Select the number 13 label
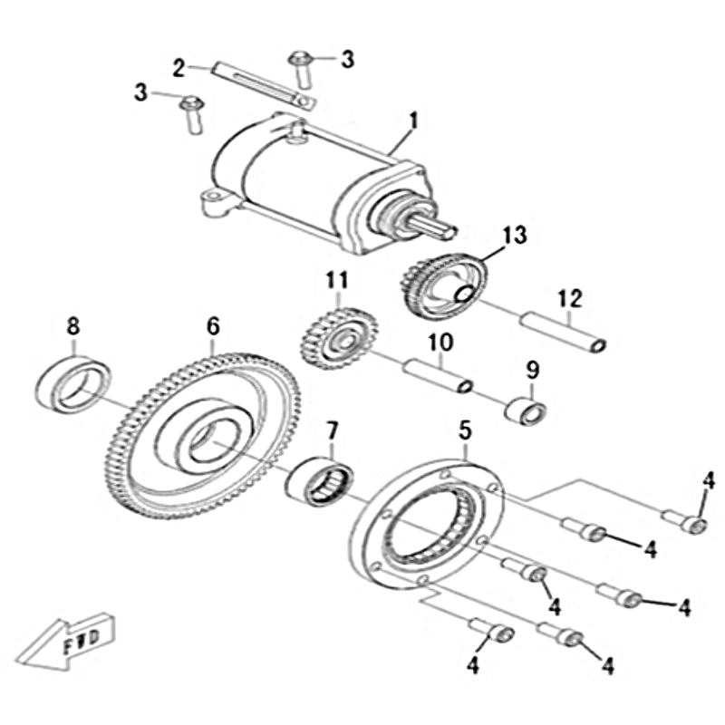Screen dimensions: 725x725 [515, 235]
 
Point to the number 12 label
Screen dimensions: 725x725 [570, 299]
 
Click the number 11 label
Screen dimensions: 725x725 [337, 280]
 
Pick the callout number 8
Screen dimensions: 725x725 [73, 326]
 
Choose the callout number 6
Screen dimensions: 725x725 [213, 326]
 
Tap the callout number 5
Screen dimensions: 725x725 [465, 430]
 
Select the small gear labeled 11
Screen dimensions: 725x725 [339, 339]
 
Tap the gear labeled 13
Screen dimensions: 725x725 [442, 285]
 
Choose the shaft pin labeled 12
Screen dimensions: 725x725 [563, 333]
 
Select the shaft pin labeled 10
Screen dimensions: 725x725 [438, 377]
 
